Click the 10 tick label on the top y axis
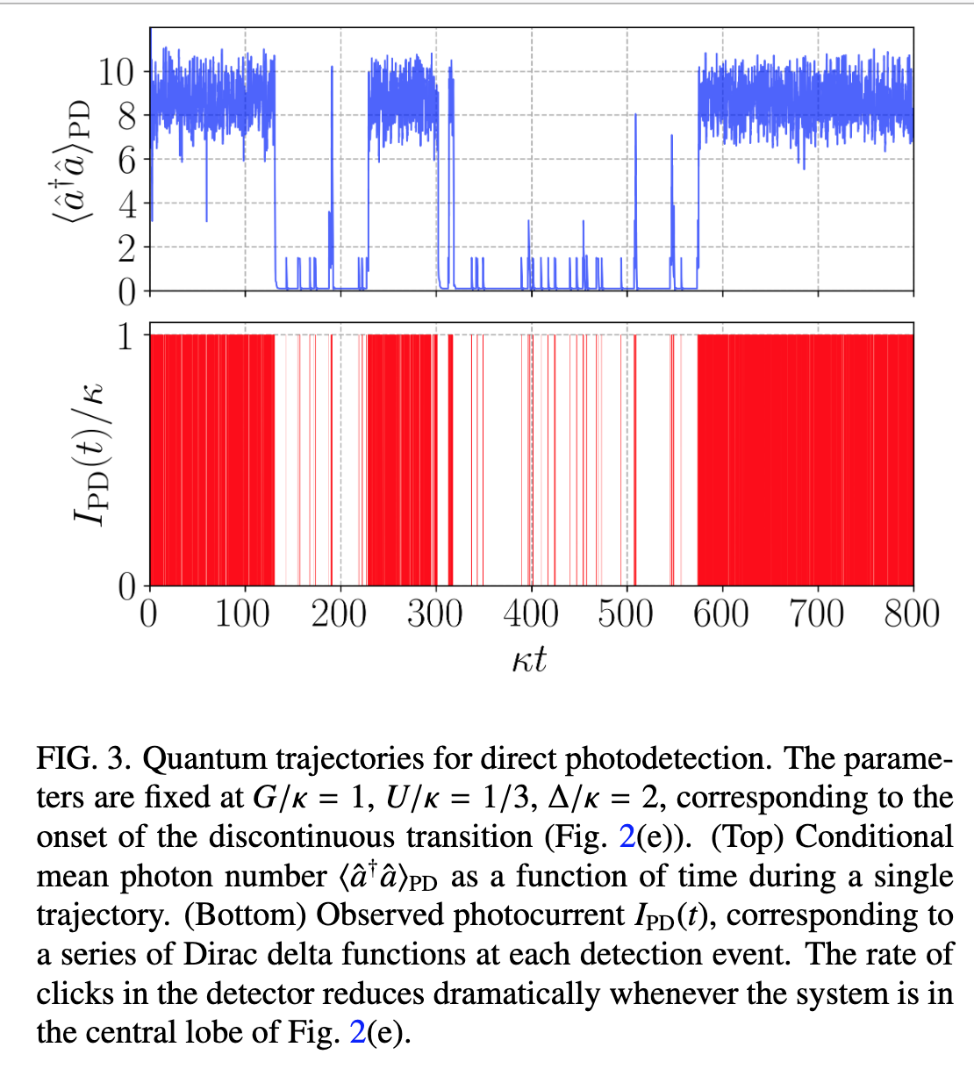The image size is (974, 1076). tap(116, 71)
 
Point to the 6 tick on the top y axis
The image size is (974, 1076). tap(128, 160)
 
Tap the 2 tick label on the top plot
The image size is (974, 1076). tap(128, 248)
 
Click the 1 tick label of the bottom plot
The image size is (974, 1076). tap(128, 335)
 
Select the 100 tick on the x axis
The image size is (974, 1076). tap(243, 613)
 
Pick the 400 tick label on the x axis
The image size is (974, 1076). tap(530, 613)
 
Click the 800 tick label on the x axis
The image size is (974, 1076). tap(912, 613)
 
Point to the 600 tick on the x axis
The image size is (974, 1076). tap(721, 613)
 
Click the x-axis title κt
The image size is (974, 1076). tap(529, 658)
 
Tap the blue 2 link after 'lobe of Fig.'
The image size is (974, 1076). tap(357, 1032)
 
